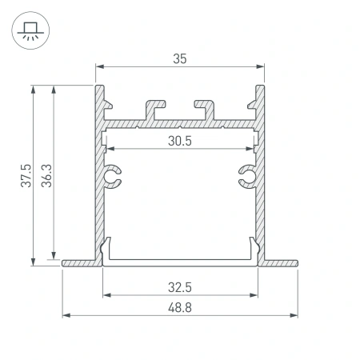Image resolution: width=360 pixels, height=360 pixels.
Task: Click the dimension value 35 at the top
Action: click(180, 58)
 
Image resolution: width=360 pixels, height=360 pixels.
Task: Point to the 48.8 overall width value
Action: click(180, 306)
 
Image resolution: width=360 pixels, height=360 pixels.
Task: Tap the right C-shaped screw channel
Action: click(246, 178)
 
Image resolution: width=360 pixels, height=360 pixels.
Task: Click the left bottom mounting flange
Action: click(80, 261)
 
